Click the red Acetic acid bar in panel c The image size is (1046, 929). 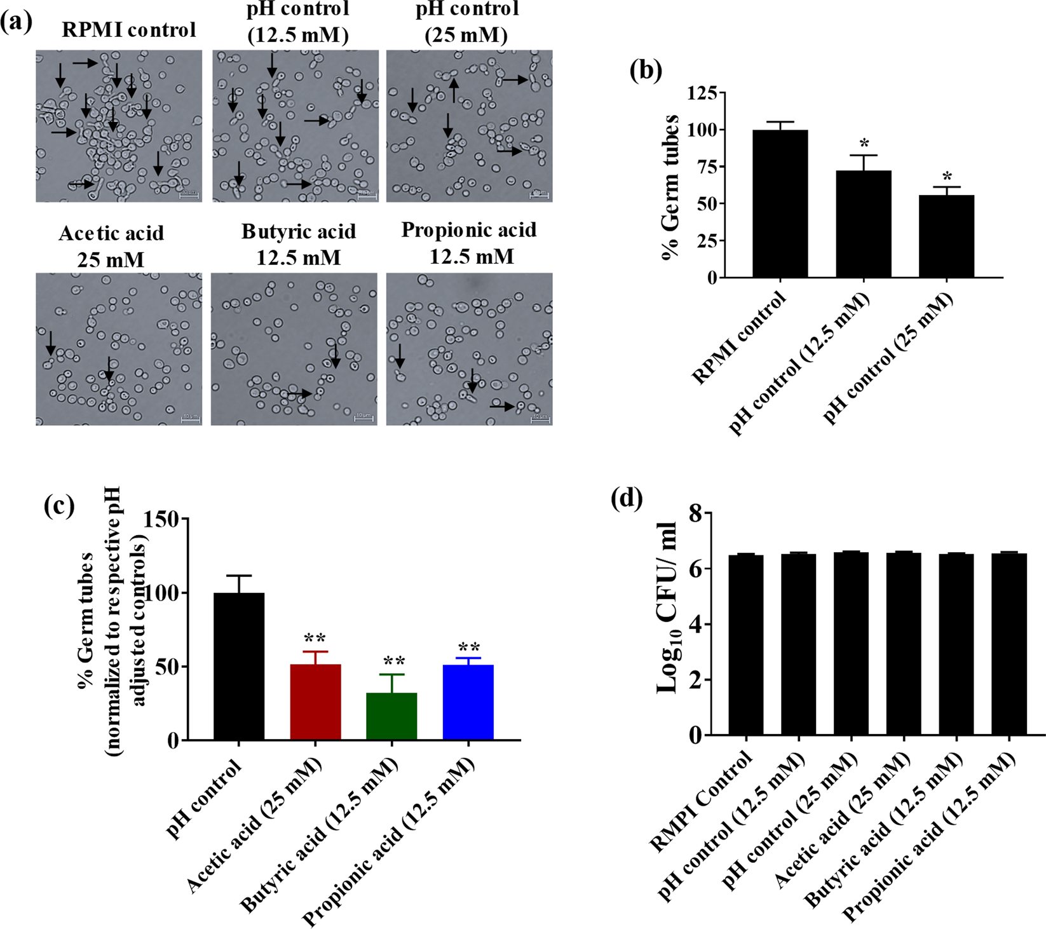pyautogui.click(x=315, y=702)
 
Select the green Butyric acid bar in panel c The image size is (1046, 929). pyautogui.click(x=391, y=716)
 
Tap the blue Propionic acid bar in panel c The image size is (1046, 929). pyautogui.click(x=468, y=702)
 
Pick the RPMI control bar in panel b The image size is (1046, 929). pyautogui.click(x=780, y=203)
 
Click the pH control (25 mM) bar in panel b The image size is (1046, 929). pyautogui.click(x=946, y=236)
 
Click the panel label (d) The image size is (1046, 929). pyautogui.click(x=627, y=498)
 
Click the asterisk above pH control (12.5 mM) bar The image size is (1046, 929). pyautogui.click(x=864, y=144)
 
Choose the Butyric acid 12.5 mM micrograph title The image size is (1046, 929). pyautogui.click(x=298, y=245)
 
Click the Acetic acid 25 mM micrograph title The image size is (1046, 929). pyautogui.click(x=111, y=247)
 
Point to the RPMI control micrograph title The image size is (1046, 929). pyautogui.click(x=129, y=30)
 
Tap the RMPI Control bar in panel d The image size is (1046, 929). pyautogui.click(x=746, y=644)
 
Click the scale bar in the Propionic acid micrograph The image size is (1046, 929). pyautogui.click(x=540, y=419)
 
